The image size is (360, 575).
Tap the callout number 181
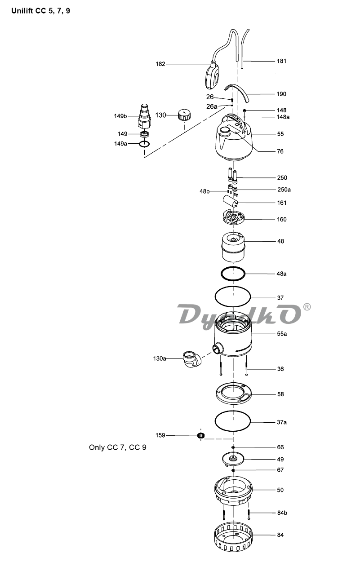tap(281, 61)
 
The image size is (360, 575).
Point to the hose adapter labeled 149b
tap(144, 116)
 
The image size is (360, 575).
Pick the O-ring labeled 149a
tap(144, 144)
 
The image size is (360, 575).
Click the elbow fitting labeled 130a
tap(192, 360)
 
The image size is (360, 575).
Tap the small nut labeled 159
tap(201, 435)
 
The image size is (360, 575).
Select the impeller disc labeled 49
tap(233, 459)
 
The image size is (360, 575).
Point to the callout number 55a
tap(282, 334)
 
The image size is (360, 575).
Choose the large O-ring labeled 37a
tap(233, 422)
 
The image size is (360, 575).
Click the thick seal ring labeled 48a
tap(233, 274)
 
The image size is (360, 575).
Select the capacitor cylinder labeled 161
tap(230, 201)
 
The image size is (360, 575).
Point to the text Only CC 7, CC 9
tap(118, 447)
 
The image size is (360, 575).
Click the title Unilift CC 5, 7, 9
tap(40, 11)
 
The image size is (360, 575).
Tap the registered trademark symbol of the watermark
tap(307, 307)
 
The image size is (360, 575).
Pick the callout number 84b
tap(282, 513)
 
